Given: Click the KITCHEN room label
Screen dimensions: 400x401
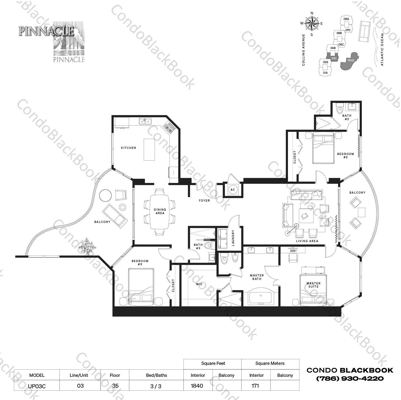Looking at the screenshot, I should [129, 148].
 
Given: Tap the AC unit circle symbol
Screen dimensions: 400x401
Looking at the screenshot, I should [232, 190].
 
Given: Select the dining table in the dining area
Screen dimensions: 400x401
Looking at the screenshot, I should [160, 212].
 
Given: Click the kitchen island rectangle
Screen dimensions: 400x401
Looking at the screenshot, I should [149, 149].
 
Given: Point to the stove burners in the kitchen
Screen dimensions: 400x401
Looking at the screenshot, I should [169, 127].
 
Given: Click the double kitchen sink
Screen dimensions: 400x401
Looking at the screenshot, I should [145, 122].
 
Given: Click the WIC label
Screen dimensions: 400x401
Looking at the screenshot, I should [199, 284].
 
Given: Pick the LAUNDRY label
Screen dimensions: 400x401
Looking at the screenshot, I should [233, 238].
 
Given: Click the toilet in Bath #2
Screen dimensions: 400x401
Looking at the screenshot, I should [340, 109].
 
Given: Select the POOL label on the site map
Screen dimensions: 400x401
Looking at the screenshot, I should [351, 60].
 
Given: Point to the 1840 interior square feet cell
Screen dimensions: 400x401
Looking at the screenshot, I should [197, 386].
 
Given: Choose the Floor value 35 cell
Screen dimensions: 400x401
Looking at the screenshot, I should [115, 386].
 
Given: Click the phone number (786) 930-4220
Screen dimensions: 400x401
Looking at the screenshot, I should [350, 378].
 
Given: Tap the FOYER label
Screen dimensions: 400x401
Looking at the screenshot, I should [204, 201].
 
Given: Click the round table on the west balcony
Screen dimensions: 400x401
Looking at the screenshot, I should [105, 196].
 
